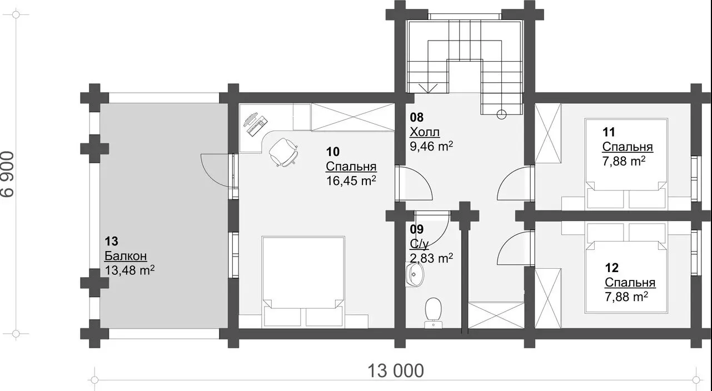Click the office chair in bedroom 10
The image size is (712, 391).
pos(283,152)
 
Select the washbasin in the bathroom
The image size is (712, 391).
pos(415,274)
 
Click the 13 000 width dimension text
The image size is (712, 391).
pos(396,370)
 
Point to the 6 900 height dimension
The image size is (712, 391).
pos(8,174)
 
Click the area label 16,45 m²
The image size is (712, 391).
pos(351,181)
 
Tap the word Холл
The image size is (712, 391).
pos(425,132)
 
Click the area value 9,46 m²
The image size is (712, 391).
pos(431,146)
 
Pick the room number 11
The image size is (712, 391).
pos(609,132)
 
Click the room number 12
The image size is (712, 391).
pos(611,268)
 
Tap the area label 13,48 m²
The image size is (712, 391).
pos(130,270)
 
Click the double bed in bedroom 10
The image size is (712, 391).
pos(303,282)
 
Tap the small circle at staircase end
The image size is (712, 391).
pos(501,114)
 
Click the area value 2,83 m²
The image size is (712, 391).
pos(431,258)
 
